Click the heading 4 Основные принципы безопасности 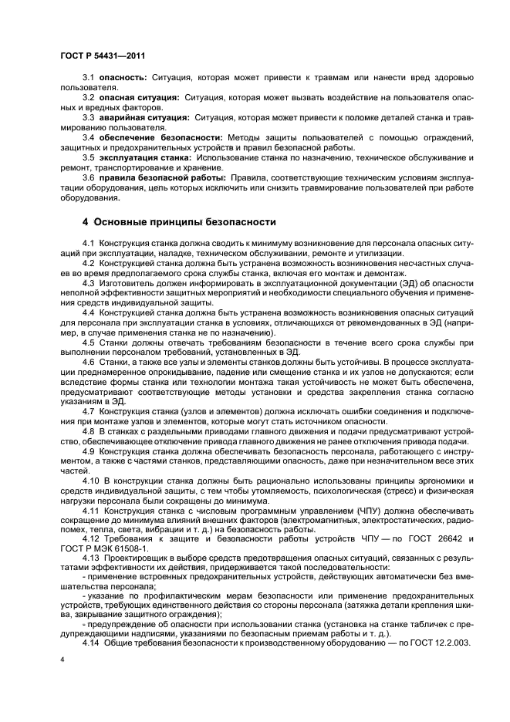[x=179, y=222]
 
